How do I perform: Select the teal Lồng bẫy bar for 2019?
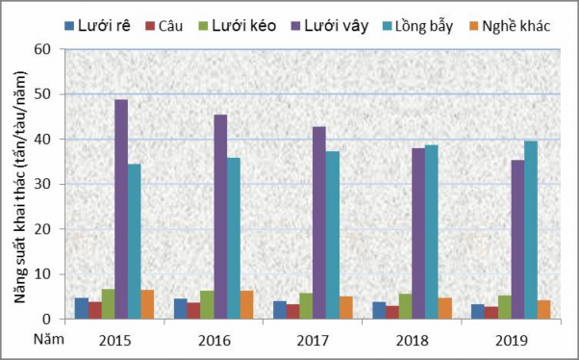530,230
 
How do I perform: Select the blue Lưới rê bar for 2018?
379,310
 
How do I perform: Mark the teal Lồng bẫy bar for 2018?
431,232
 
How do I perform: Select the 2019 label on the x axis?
515,340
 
